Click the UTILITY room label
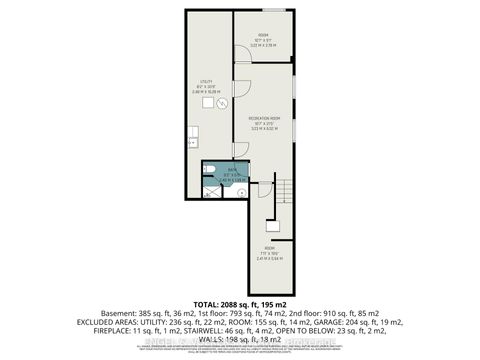205,83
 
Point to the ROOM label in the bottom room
269,248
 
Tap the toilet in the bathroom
209,168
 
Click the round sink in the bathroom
240,186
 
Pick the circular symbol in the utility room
224,101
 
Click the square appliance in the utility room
210,99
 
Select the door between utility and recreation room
241,148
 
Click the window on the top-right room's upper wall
273,13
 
